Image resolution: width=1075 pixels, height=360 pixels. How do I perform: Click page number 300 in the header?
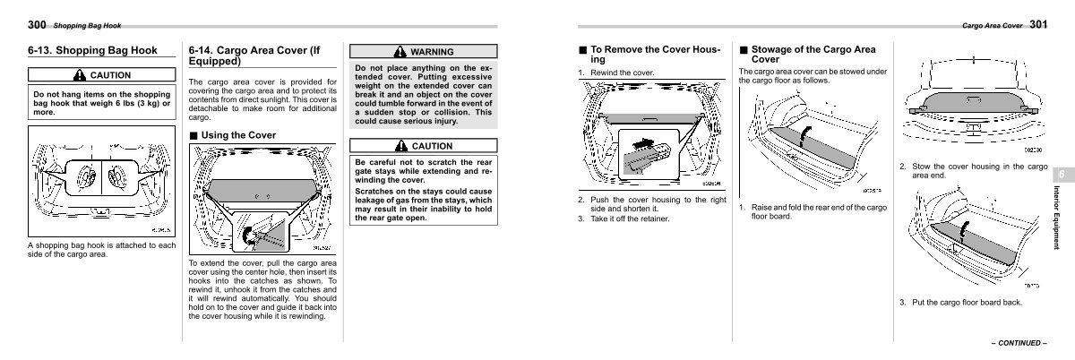pos(37,25)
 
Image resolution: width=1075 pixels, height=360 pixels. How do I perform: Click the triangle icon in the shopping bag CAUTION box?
pos(79,75)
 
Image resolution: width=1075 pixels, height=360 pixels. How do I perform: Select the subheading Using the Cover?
pos(238,135)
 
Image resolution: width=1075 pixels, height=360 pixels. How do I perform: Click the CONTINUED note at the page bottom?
pos(1019,343)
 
